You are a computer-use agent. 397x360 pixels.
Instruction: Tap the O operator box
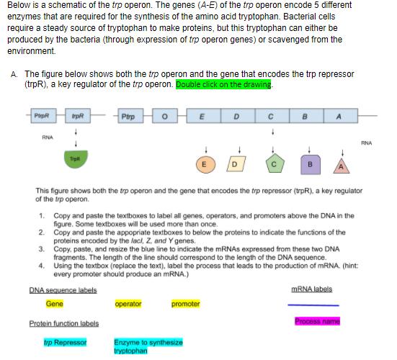coord(164,115)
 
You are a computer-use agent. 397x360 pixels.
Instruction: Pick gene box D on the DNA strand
coord(235,115)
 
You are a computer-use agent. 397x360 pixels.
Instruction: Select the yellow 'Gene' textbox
coord(54,304)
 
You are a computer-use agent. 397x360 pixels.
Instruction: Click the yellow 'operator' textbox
coord(128,304)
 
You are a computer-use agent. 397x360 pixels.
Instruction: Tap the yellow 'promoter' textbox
coord(185,304)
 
